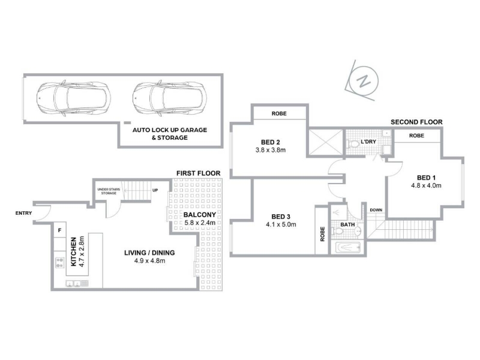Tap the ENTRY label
[x=23, y=213]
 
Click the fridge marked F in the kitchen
[x=59, y=230]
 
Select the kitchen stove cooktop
[x=60, y=263]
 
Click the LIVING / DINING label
[x=149, y=253]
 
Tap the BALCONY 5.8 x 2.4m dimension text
[x=200, y=223]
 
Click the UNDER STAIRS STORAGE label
[x=109, y=191]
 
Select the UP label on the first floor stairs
[x=155, y=190]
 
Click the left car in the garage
[x=73, y=98]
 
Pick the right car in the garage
[x=170, y=98]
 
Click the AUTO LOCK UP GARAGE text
[x=170, y=130]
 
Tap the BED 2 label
[x=271, y=142]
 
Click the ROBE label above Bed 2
[x=279, y=113]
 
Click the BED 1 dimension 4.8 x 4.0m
[x=426, y=185]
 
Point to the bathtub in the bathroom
[x=348, y=247]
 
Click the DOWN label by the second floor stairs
[x=376, y=210]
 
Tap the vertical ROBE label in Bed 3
[x=322, y=234]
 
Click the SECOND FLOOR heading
[x=416, y=122]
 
